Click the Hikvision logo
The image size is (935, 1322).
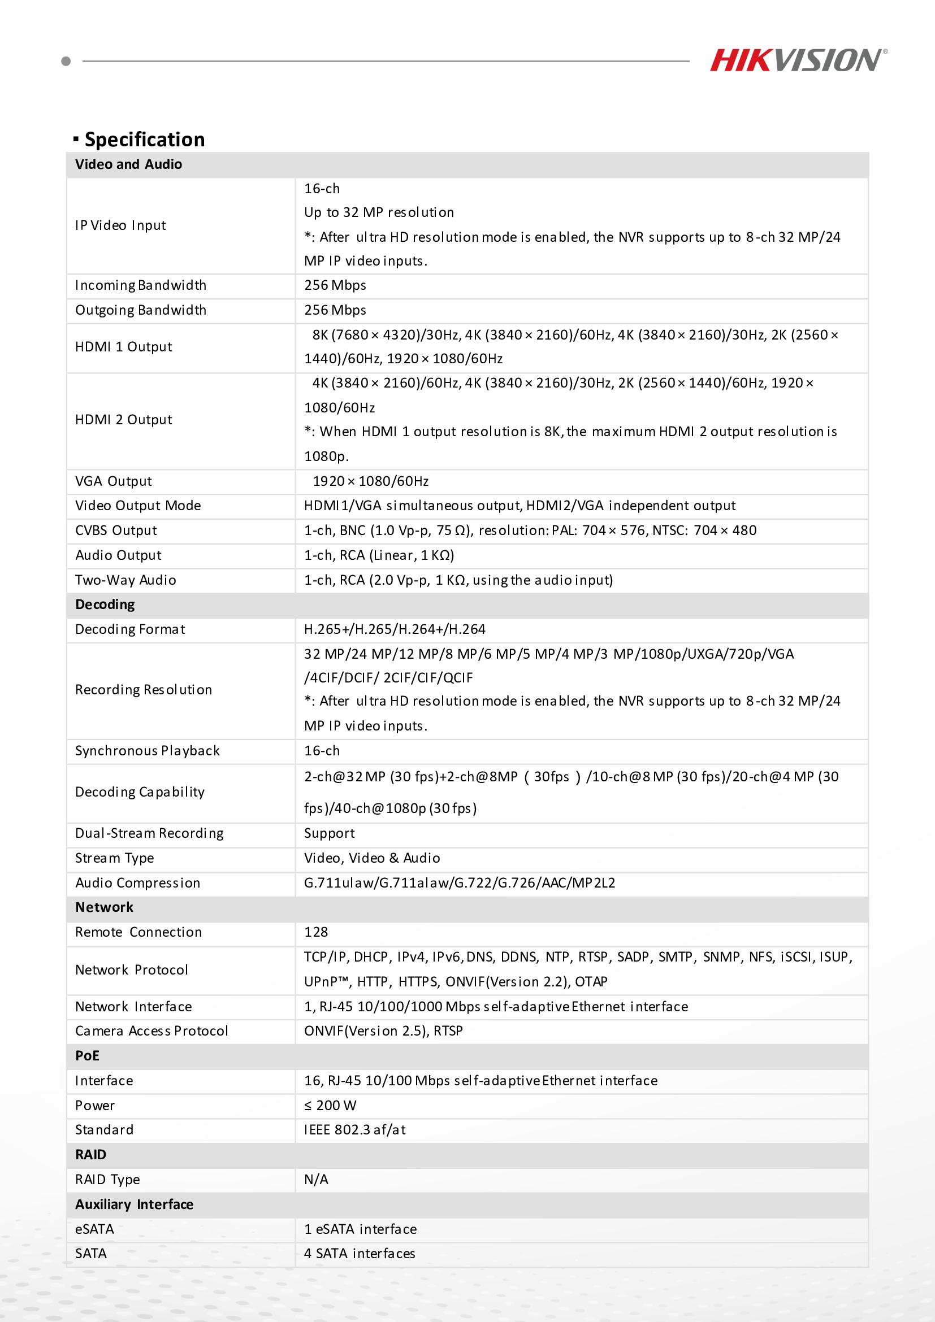pos(798,60)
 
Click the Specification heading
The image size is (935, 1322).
pos(144,140)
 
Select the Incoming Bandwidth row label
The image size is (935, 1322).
pos(141,286)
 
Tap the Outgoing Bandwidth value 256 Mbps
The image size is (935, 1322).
pos(335,310)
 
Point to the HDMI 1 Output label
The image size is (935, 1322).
pos(124,347)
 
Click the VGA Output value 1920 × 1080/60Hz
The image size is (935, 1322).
pos(370,481)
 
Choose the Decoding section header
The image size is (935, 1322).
pos(105,605)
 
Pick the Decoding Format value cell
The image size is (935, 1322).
pos(395,629)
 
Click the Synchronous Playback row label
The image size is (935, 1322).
pos(148,751)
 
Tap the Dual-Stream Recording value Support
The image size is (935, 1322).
pos(330,833)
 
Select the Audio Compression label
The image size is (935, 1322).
pos(138,882)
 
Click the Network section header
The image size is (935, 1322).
pos(104,907)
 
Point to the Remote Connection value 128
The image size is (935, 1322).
pos(316,932)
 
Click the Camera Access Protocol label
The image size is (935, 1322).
pos(151,1030)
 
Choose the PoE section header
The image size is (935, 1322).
pos(88,1055)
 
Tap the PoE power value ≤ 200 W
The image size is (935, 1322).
pos(330,1106)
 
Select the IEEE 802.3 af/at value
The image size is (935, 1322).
pos(355,1130)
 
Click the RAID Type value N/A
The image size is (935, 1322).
pos(316,1179)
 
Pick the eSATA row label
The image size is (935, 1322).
pos(94,1229)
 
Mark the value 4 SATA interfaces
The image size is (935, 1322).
pos(360,1254)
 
